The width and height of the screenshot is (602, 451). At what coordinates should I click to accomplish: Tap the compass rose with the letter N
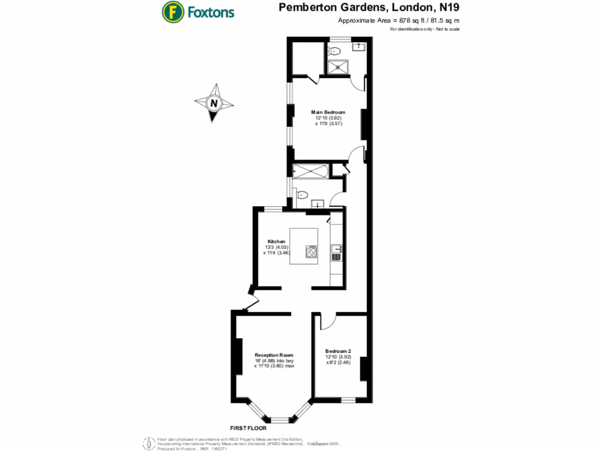click(x=215, y=103)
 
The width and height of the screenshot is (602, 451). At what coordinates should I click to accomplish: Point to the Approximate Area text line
click(x=399, y=21)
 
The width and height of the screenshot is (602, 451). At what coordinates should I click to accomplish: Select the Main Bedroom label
click(x=328, y=112)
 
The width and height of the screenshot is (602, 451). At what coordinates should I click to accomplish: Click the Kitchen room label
click(x=276, y=242)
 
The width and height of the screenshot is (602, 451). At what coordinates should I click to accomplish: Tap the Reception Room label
click(x=274, y=355)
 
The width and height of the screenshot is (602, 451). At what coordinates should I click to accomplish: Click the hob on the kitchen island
click(x=311, y=252)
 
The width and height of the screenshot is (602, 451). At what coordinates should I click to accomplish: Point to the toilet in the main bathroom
click(x=302, y=196)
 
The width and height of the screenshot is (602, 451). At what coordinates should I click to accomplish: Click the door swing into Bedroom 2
click(x=327, y=321)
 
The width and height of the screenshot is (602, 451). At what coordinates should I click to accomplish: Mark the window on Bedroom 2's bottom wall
click(x=348, y=400)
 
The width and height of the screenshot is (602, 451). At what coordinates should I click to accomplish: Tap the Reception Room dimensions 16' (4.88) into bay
click(x=274, y=361)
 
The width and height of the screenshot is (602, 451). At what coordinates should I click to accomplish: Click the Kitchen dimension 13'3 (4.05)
click(x=276, y=247)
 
